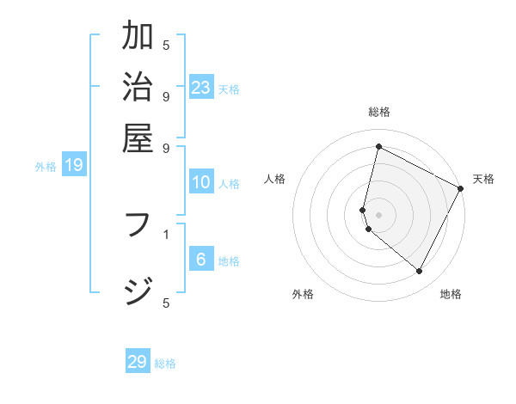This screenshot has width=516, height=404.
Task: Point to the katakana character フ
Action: click(138, 227)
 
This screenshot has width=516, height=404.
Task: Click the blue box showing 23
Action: click(201, 88)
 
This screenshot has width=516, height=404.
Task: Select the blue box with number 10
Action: click(201, 182)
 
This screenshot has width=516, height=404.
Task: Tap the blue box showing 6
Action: click(201, 260)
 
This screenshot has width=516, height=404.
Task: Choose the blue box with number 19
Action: click(74, 166)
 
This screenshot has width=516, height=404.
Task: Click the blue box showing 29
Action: click(138, 362)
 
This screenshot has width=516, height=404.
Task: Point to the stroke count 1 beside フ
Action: click(166, 233)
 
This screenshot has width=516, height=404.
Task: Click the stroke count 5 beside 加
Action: click(166, 45)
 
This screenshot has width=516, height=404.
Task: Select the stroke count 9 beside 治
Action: click(166, 95)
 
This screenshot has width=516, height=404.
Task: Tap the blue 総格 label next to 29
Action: click(166, 364)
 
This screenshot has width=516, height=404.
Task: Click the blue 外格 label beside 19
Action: click(46, 167)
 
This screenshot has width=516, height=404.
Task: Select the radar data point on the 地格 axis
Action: click(419, 271)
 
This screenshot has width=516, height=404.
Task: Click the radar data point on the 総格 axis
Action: click(378, 147)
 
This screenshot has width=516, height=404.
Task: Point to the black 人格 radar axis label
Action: click(275, 179)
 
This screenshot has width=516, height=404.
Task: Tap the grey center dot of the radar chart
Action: click(378, 214)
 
